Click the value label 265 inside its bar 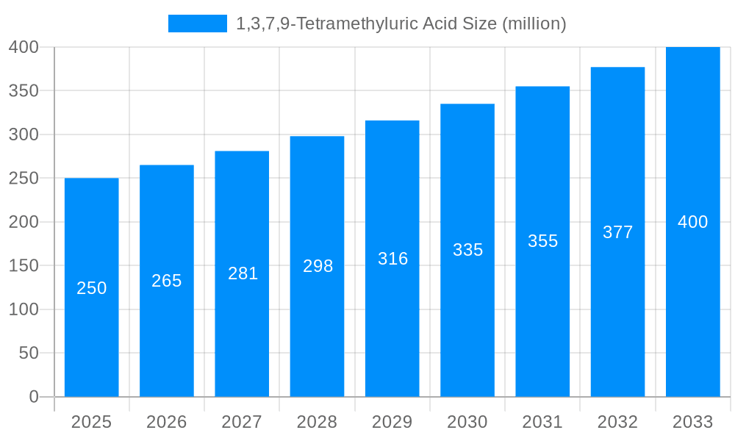click(167, 281)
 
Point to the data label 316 click(393, 259)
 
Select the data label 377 click(618, 232)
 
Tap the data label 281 click(243, 273)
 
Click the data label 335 click(468, 250)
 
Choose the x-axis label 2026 click(167, 422)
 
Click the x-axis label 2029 click(392, 422)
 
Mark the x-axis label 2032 click(617, 422)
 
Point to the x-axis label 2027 click(242, 422)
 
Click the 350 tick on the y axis click(24, 90)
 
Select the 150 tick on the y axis click(24, 265)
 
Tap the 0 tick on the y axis click(34, 397)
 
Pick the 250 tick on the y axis click(24, 178)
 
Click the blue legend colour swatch click(198, 24)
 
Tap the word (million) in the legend click(534, 24)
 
